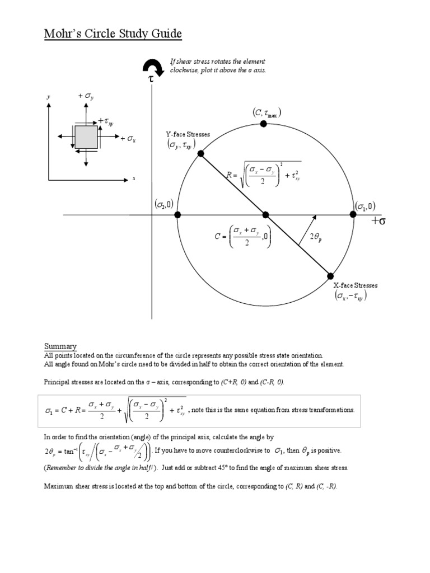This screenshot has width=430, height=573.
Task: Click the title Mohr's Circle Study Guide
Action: [x=113, y=35]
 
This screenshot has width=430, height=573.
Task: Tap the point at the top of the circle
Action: [x=265, y=124]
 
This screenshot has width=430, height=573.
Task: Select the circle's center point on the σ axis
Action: [x=265, y=214]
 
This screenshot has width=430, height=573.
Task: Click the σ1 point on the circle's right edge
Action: [x=353, y=214]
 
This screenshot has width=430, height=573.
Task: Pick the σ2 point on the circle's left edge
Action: [x=177, y=214]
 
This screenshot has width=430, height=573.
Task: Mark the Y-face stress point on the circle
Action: [x=201, y=153]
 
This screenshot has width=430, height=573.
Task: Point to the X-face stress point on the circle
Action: [x=330, y=275]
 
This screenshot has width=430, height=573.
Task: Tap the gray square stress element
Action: [x=86, y=137]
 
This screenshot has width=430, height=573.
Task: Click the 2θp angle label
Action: [x=316, y=237]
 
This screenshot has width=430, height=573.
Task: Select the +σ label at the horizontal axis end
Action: [x=378, y=222]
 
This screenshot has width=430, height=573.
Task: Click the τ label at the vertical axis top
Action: [x=151, y=81]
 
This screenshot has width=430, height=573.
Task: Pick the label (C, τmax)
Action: [x=266, y=114]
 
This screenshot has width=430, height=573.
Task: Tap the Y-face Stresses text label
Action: [x=188, y=134]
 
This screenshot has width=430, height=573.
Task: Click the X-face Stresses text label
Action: [x=356, y=285]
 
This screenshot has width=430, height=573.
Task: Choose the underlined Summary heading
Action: [x=60, y=346]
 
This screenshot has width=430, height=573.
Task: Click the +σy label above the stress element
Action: [x=86, y=96]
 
